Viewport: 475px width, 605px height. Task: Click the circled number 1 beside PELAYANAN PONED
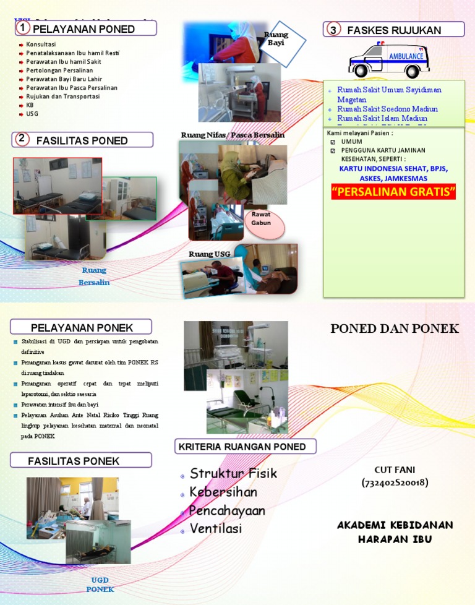(x=22, y=28)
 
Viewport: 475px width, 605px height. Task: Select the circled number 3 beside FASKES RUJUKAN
(x=333, y=30)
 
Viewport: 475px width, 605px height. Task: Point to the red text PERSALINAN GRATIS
(x=393, y=192)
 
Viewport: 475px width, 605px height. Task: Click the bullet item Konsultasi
(x=41, y=45)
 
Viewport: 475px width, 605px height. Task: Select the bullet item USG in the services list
(x=32, y=114)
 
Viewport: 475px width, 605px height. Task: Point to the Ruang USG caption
(x=210, y=254)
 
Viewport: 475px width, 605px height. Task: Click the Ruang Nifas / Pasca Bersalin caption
(x=233, y=135)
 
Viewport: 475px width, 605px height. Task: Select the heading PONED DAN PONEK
(x=395, y=328)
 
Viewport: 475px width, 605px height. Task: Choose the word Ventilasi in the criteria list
(x=216, y=529)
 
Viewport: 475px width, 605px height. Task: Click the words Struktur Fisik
(x=233, y=474)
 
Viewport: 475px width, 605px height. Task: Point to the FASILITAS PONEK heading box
(x=80, y=461)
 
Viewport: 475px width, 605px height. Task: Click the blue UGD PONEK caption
(x=100, y=585)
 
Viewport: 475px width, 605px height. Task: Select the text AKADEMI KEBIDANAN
(x=395, y=525)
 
